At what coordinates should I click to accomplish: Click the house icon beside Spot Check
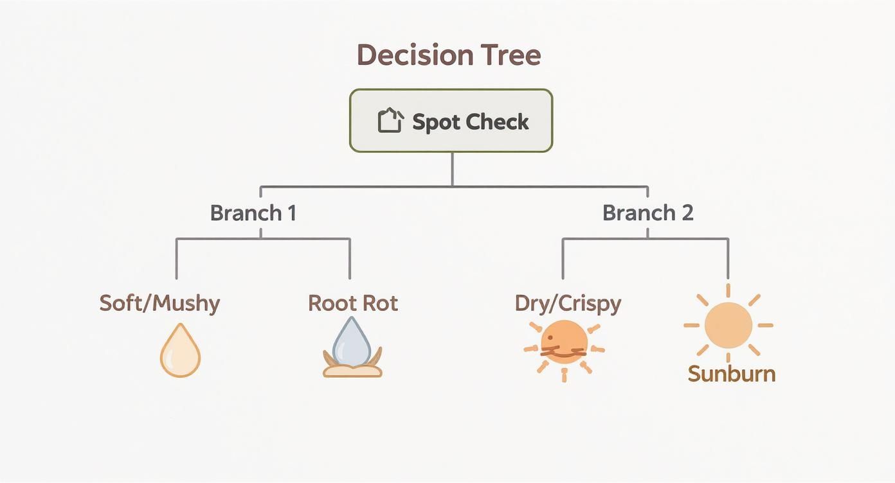coord(390,120)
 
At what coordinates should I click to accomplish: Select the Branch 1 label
coord(253,213)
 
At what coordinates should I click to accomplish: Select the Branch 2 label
coord(647,213)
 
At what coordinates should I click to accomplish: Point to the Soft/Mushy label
coord(159,303)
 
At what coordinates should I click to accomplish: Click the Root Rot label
coord(353,303)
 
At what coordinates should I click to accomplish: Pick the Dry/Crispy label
coord(568,303)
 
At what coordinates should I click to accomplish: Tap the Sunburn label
coord(731,374)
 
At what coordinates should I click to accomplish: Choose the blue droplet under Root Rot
coord(352,341)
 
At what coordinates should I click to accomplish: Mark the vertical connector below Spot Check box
coord(452,169)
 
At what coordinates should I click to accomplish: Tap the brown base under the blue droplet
coord(352,371)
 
